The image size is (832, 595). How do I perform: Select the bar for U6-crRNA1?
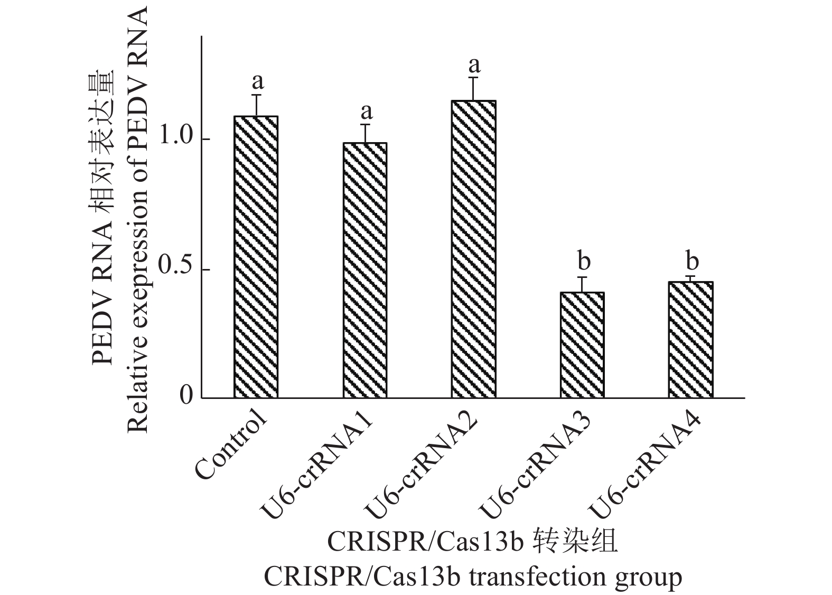click(x=364, y=270)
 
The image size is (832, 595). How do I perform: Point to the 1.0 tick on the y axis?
click(x=176, y=138)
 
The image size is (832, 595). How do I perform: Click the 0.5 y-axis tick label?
click(x=176, y=269)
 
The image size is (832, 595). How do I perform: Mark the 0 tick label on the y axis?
click(x=186, y=396)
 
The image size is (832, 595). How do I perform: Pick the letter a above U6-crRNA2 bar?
click(x=474, y=65)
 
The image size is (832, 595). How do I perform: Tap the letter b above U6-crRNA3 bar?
click(x=584, y=261)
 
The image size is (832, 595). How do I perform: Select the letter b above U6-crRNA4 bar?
click(x=692, y=261)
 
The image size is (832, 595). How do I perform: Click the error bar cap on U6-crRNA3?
click(x=582, y=277)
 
